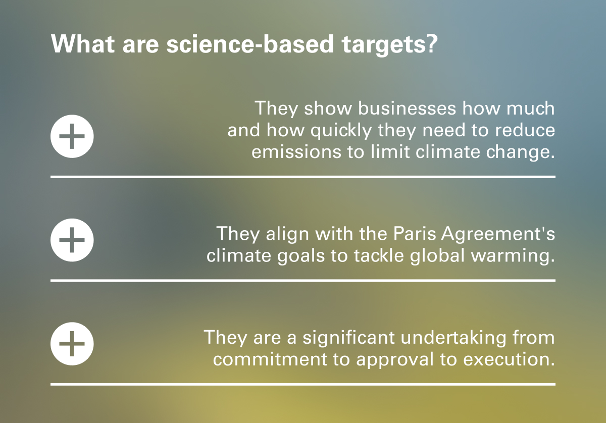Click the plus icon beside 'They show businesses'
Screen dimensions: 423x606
72,137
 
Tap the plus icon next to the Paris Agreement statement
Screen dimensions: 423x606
72,240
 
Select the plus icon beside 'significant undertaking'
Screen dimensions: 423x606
72,344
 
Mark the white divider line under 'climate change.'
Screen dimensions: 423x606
303,177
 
